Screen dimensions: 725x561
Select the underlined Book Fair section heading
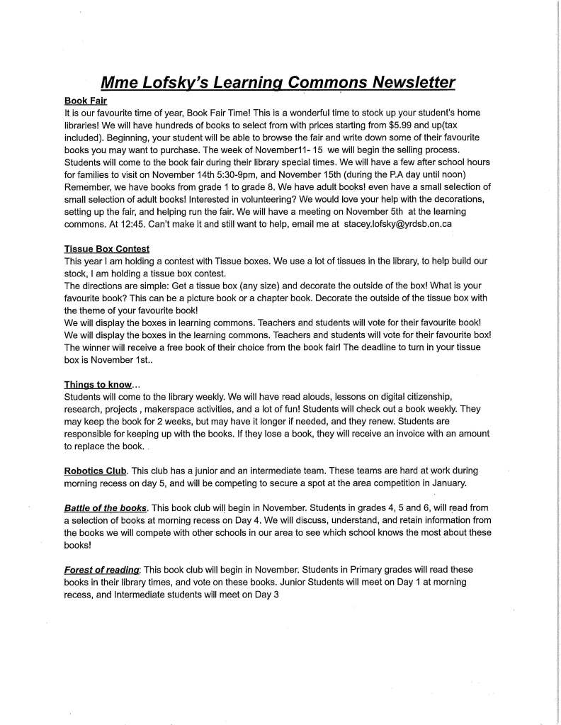coord(85,101)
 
